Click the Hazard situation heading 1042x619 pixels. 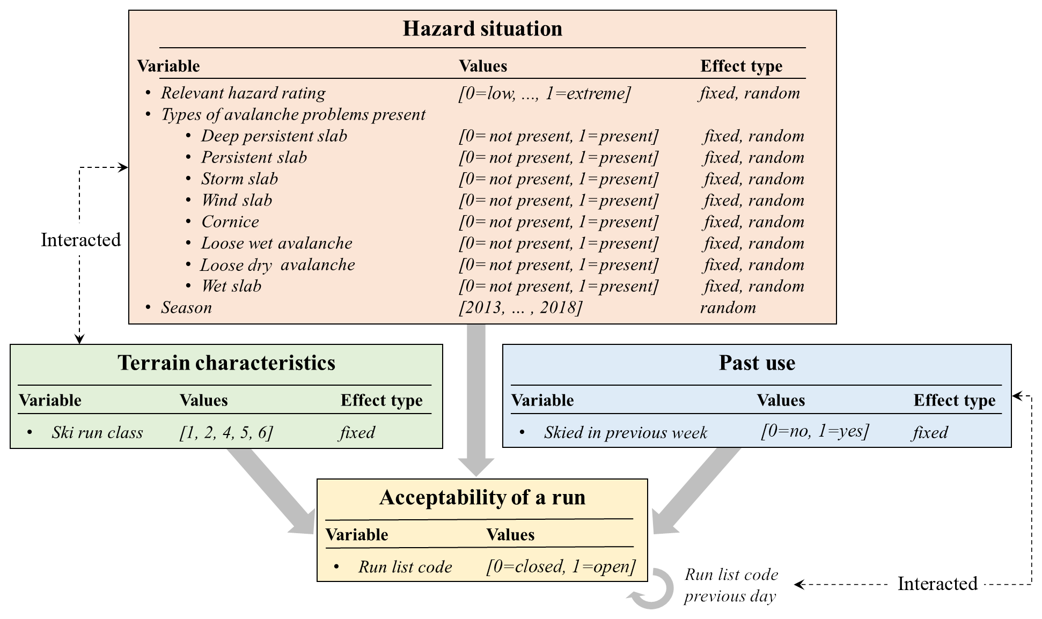[x=482, y=29]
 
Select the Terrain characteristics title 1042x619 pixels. [x=226, y=363]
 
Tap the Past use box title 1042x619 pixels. [x=757, y=363]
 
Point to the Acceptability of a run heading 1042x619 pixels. [x=482, y=498]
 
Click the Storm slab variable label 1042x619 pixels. [x=239, y=179]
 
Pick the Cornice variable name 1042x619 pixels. [x=230, y=222]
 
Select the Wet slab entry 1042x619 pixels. [x=231, y=286]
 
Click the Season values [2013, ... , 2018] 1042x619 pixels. [x=520, y=308]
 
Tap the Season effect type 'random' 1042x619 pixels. [x=728, y=307]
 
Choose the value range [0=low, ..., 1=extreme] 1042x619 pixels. [x=545, y=93]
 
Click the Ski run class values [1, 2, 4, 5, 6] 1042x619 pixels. [x=226, y=432]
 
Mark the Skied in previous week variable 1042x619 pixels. [x=625, y=432]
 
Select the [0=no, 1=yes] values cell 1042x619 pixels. [x=814, y=431]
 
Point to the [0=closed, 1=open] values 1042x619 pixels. [x=561, y=566]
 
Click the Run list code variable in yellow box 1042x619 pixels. [x=405, y=567]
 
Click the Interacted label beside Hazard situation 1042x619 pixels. [x=81, y=240]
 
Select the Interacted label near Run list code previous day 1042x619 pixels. [x=937, y=584]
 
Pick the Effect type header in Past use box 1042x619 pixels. [x=954, y=400]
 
